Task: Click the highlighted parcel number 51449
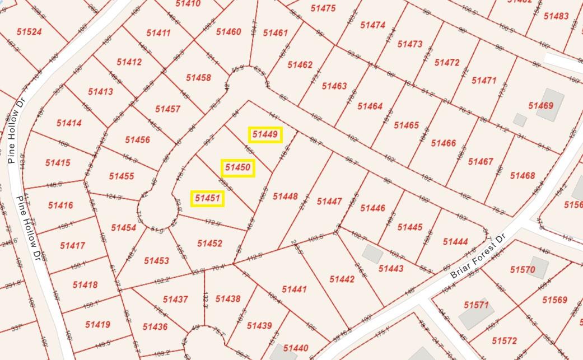point(265,134)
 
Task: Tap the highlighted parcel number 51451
point(207,198)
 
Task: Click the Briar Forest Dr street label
point(478,258)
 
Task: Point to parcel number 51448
point(285,196)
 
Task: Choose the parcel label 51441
point(294,289)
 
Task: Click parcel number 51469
point(540,106)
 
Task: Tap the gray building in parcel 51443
point(372,254)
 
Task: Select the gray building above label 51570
point(539,268)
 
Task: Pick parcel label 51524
point(29,32)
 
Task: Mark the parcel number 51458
point(198,77)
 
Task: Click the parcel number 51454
point(123,227)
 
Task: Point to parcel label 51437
point(175,300)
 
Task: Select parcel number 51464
point(370,106)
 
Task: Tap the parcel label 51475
point(323,8)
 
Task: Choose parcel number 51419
point(97,324)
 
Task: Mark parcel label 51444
point(455,241)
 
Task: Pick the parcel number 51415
point(58,163)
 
